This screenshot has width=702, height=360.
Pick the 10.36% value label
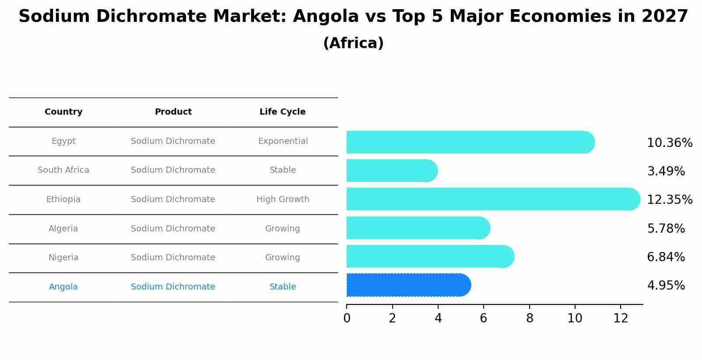point(669,143)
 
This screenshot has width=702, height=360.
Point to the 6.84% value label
point(666,257)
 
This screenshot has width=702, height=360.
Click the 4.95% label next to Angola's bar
point(666,286)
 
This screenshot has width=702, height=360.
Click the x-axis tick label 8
point(529,318)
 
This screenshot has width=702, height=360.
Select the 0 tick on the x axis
point(347,318)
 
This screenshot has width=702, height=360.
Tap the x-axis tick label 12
point(621,318)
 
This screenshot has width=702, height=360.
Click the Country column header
point(63,112)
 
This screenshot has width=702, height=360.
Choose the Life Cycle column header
point(282,112)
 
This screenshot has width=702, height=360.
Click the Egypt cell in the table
point(63,141)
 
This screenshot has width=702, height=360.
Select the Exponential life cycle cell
point(283,141)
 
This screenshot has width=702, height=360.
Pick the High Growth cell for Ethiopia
point(283,199)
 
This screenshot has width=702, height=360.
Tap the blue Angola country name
point(63,287)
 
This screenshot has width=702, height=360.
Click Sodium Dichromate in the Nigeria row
point(173,258)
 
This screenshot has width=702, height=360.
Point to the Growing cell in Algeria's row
point(282,229)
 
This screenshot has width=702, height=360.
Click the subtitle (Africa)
point(353,43)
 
